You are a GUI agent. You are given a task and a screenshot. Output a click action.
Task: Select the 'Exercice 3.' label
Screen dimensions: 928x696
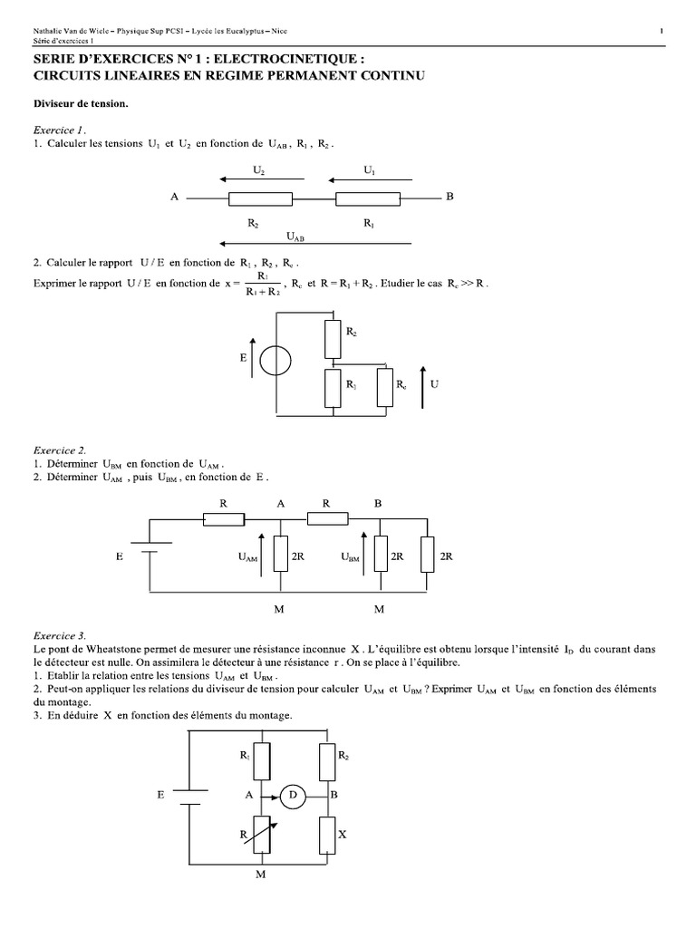click(x=59, y=636)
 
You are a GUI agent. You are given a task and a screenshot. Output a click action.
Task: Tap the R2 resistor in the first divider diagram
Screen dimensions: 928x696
click(x=259, y=198)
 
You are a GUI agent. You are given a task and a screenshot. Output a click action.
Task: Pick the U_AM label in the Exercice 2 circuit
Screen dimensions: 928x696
click(x=246, y=559)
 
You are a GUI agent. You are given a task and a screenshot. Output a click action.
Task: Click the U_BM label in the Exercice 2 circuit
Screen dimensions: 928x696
click(x=350, y=559)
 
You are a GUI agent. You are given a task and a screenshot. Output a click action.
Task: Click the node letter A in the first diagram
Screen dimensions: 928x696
click(x=173, y=198)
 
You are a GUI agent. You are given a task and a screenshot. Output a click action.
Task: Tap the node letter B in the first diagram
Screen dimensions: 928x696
click(x=449, y=198)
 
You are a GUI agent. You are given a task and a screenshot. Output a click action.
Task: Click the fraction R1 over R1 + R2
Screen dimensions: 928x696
click(x=262, y=284)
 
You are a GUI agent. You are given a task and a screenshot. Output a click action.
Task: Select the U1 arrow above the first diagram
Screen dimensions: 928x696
click(x=369, y=180)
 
